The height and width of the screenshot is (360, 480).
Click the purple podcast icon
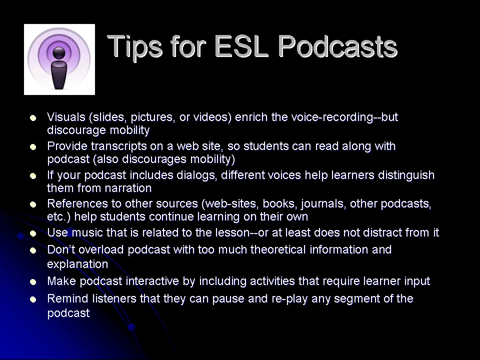(59, 59)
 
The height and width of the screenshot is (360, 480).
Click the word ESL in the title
(241, 46)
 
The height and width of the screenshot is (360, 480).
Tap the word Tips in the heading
(134, 46)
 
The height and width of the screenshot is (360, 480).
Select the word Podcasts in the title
(337, 46)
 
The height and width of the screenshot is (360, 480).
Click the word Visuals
(66, 117)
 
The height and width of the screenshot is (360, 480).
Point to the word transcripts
(118, 146)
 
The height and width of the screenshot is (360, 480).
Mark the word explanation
(78, 264)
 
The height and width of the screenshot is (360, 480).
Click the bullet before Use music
(33, 233)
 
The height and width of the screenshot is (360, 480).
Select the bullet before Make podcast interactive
(33, 282)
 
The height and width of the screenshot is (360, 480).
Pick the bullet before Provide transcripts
(33, 147)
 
